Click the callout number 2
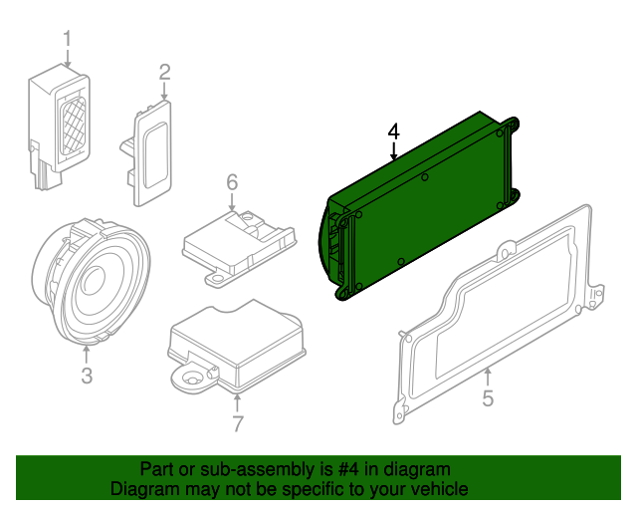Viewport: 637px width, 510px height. tap(164, 72)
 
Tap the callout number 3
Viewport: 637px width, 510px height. tap(87, 376)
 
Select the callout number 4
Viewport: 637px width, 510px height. tap(393, 130)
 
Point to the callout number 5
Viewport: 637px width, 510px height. tap(488, 399)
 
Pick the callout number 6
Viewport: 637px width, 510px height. tap(232, 181)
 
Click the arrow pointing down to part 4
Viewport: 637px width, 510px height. tap(393, 151)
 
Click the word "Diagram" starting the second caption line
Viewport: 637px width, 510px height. tap(142, 490)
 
